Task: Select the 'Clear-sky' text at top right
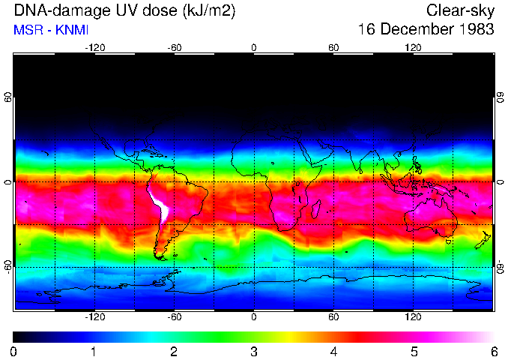pyautogui.click(x=460, y=10)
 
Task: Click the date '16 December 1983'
pyautogui.click(x=426, y=30)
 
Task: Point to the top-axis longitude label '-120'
pyautogui.click(x=94, y=48)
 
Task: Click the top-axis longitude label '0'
pyautogui.click(x=254, y=48)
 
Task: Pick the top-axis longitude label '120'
pyautogui.click(x=413, y=48)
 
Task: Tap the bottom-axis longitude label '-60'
pyautogui.click(x=174, y=316)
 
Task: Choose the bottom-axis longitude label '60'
pyautogui.click(x=333, y=316)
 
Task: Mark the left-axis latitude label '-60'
pyautogui.click(x=8, y=266)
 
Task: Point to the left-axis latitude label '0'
pyautogui.click(x=8, y=182)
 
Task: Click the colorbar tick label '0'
pyautogui.click(x=14, y=351)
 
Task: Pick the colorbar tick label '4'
pyautogui.click(x=333, y=351)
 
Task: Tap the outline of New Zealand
pyautogui.click(x=486, y=238)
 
